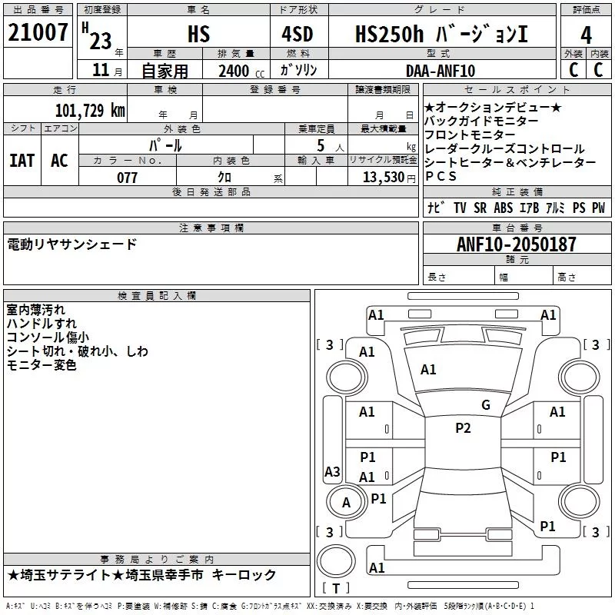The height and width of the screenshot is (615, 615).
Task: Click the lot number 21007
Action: (38, 32)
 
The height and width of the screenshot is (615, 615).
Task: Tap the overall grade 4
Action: (586, 35)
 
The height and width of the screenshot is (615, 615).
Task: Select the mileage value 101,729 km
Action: (90, 110)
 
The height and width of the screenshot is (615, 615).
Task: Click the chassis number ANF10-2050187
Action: (516, 244)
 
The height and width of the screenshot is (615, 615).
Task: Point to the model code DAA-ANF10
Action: (440, 71)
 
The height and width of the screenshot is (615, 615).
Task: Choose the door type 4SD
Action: (298, 34)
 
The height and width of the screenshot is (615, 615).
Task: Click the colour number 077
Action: (127, 178)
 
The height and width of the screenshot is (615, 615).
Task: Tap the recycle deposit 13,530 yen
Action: (389, 178)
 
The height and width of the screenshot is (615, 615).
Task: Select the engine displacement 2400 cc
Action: (241, 71)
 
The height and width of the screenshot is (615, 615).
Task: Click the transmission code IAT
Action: (22, 161)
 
